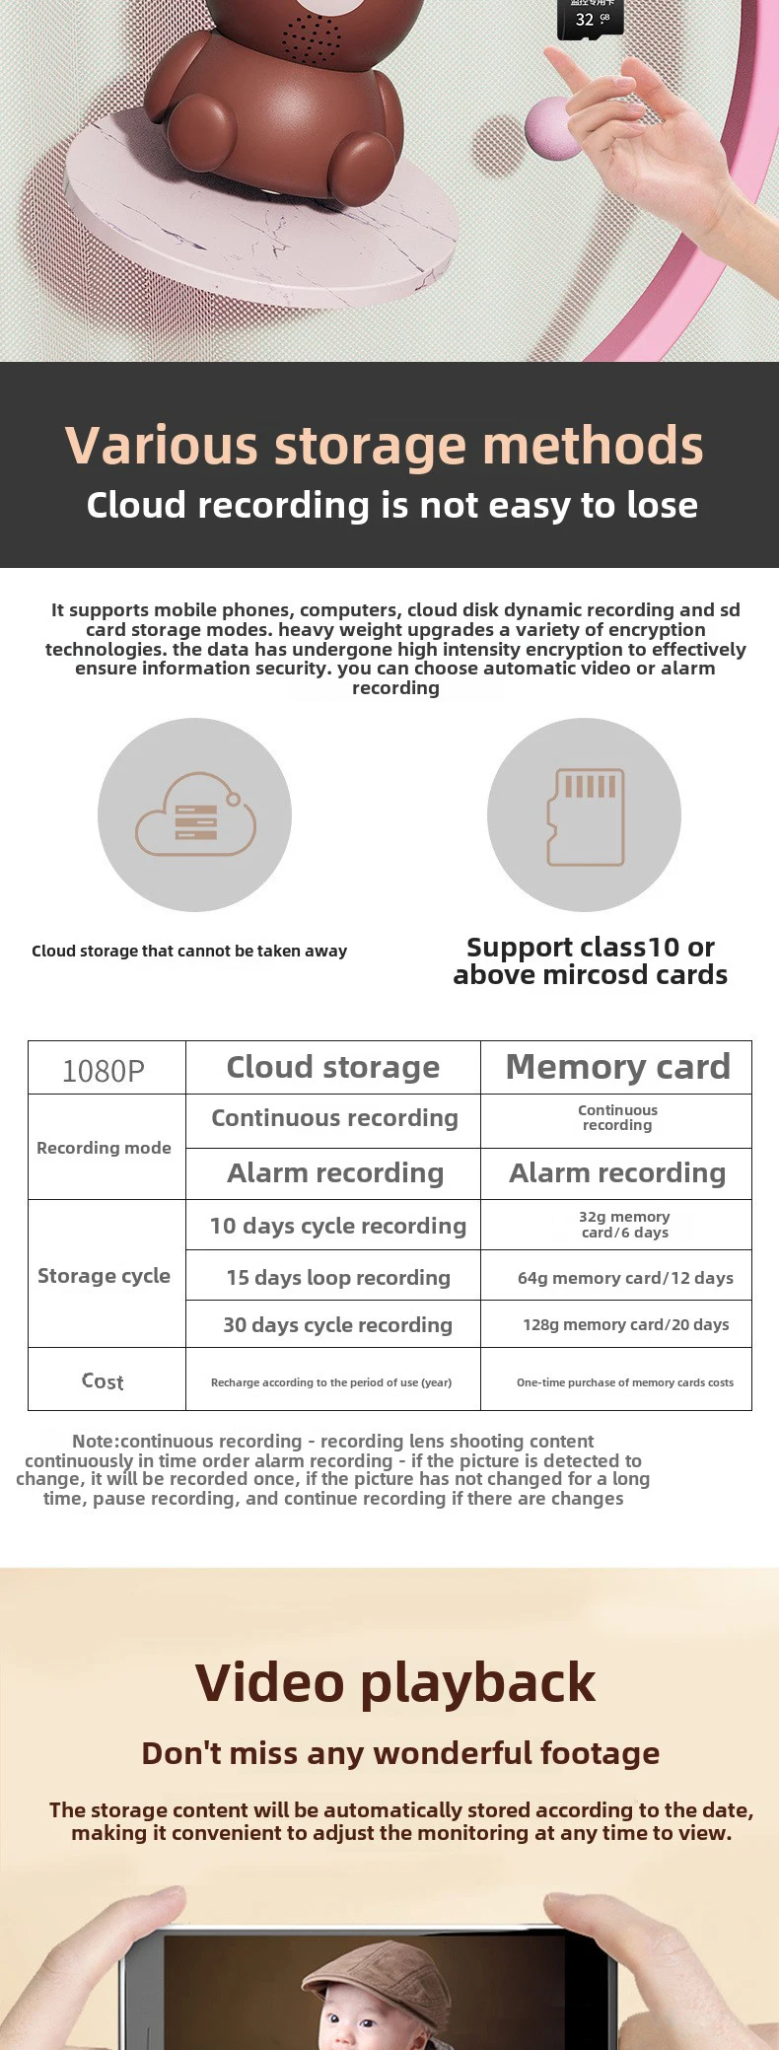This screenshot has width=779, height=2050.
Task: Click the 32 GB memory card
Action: [590, 17]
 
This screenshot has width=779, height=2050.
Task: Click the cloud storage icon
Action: [195, 813]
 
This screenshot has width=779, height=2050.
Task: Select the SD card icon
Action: [585, 815]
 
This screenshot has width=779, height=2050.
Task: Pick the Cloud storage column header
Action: [333, 1068]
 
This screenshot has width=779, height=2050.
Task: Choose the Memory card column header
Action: [617, 1068]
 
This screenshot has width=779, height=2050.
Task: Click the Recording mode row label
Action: [104, 1148]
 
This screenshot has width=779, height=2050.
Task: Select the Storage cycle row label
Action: [104, 1276]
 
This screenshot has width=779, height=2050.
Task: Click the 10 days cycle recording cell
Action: [337, 1226]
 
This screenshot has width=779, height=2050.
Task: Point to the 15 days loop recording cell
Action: [337, 1278]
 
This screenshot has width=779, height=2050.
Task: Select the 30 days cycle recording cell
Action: [337, 1325]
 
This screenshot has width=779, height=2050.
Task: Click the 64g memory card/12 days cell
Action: [625, 1278]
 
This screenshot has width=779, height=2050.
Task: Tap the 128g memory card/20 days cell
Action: [625, 1325]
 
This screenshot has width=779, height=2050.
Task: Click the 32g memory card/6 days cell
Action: [625, 1225]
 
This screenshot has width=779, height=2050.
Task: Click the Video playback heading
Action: [395, 1684]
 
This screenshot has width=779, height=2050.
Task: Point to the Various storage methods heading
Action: [385, 446]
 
